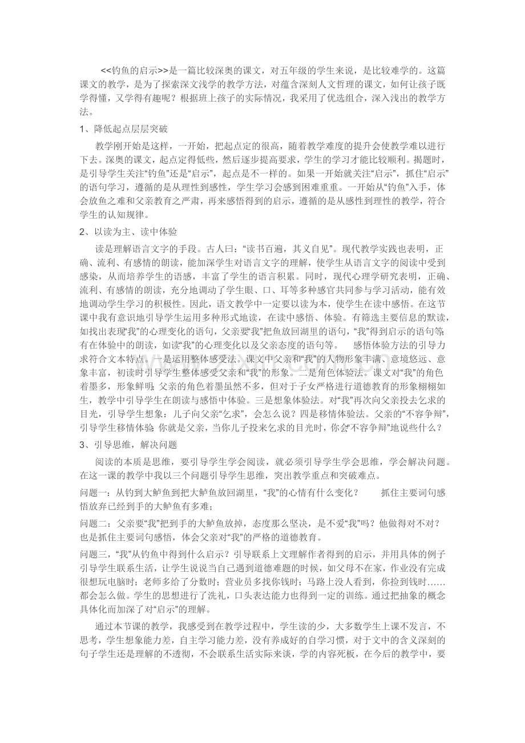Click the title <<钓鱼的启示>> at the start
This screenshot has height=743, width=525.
pos(134,71)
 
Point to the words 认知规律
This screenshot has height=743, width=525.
pos(127,216)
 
